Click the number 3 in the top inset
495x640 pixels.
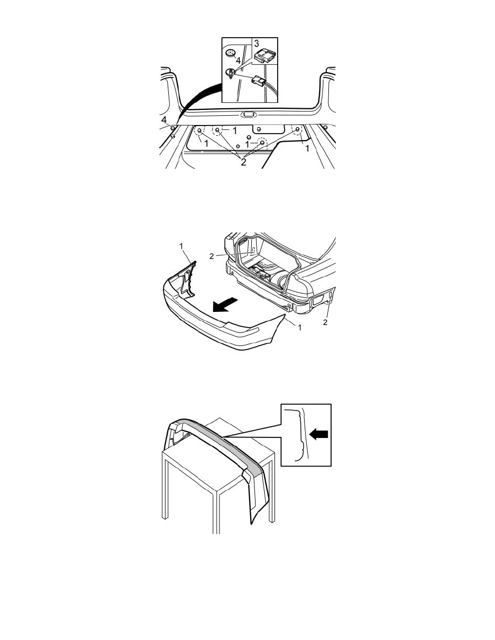point(256,43)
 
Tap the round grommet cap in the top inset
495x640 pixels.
point(231,53)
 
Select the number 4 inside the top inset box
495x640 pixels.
point(238,61)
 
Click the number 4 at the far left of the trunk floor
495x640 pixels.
point(164,120)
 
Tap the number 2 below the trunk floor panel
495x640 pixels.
point(243,162)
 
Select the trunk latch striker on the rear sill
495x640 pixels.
point(247,115)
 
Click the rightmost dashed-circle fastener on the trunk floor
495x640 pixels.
point(297,131)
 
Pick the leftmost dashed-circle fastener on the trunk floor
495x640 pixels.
point(200,131)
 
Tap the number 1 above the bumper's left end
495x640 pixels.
point(181,246)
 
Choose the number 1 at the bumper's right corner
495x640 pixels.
point(299,328)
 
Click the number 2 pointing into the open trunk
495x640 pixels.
point(211,256)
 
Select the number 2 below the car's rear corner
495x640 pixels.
point(325,322)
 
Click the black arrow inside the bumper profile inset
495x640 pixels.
point(319,435)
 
